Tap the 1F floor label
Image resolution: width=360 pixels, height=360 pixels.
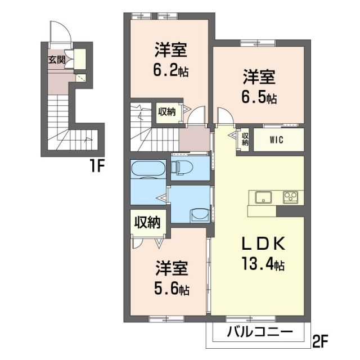(94, 168)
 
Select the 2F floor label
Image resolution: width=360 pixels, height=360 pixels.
(322, 341)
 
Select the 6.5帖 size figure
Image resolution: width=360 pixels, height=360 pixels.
(260, 97)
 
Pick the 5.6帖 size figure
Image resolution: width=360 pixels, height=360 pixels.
(172, 289)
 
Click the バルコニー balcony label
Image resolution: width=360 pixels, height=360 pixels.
(260, 332)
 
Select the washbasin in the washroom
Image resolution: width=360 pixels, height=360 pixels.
(198, 215)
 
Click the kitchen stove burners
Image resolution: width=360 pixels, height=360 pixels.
(291, 197)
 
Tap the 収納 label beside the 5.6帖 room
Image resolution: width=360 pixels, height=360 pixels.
(147, 222)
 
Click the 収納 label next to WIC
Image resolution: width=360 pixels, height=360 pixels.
(245, 139)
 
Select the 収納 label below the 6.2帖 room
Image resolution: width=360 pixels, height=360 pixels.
(166, 111)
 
